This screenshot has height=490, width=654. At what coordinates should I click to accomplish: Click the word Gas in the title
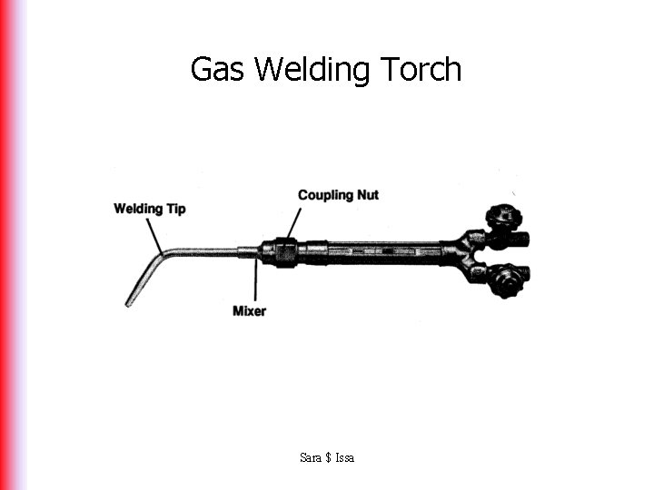219,70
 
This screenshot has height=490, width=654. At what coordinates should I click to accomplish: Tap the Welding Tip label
150,209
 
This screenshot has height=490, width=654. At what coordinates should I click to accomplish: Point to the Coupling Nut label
338,195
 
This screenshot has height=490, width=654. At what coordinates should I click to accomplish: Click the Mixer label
250,310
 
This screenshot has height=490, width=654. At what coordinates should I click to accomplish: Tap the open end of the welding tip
129,302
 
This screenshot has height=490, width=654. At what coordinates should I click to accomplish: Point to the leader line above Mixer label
257,281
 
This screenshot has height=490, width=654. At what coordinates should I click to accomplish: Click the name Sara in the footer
310,457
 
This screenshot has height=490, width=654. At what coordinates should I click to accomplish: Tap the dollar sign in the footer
327,457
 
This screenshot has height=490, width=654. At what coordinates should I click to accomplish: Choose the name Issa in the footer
344,457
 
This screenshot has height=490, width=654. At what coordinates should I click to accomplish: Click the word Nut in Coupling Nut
366,195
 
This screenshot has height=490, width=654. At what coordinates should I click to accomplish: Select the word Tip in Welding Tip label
175,209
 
